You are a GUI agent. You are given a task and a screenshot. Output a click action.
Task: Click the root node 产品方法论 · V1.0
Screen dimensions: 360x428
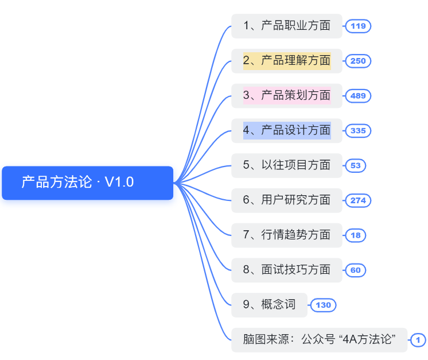tap(87, 183)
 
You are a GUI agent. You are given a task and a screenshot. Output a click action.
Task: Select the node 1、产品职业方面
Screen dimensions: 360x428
tap(286, 26)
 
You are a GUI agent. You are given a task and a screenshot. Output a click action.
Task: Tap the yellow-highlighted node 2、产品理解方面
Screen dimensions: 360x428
tap(286, 61)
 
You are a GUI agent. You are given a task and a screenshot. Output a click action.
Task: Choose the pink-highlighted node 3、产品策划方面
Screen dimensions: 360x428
tap(286, 96)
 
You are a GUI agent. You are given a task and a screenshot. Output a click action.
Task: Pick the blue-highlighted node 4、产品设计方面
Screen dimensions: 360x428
tap(286, 130)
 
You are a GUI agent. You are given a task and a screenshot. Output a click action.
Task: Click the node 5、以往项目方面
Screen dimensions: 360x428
tap(286, 165)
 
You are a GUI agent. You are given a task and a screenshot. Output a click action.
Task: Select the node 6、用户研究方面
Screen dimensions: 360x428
tap(286, 200)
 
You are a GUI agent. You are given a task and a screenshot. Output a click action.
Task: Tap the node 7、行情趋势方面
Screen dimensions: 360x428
tap(286, 235)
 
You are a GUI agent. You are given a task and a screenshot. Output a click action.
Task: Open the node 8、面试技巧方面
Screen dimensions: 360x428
tap(286, 270)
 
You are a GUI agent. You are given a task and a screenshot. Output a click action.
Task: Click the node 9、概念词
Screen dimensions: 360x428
tap(269, 305)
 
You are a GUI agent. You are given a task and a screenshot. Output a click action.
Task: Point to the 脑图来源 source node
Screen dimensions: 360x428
tap(319, 340)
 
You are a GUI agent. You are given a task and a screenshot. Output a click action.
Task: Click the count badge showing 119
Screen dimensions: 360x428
tap(358, 26)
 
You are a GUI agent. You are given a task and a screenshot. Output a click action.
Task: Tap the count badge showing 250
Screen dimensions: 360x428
tap(358, 61)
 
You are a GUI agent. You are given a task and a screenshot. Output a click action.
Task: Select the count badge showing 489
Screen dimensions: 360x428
tap(358, 96)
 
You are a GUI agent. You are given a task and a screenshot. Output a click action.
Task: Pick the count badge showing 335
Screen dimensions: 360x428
tap(358, 131)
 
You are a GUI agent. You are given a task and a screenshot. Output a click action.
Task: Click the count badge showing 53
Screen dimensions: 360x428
tap(355, 166)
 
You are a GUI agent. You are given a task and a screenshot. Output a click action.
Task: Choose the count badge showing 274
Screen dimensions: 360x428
tap(358, 200)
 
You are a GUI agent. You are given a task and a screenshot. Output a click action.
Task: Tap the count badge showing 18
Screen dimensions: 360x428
tap(355, 235)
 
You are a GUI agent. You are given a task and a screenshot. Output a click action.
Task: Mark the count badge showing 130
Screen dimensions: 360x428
tap(324, 305)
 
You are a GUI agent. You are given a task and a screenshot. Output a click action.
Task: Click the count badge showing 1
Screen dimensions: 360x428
tap(418, 340)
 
